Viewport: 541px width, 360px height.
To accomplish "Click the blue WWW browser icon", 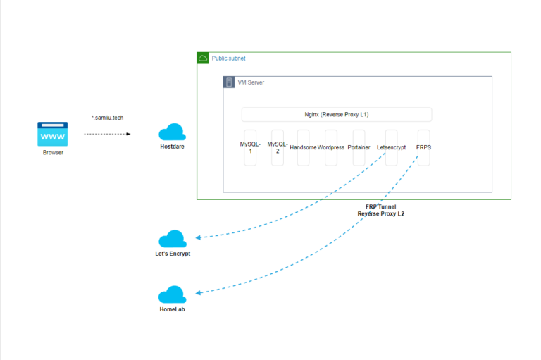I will [x=52, y=134].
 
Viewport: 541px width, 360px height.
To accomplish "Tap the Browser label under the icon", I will [x=53, y=152].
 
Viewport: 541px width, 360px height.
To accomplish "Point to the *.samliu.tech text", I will [x=107, y=118].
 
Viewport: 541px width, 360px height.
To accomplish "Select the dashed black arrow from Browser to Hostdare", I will [x=107, y=133].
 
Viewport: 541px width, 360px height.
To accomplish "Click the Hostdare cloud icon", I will [x=172, y=132].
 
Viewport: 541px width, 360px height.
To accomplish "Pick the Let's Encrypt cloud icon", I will [x=172, y=239].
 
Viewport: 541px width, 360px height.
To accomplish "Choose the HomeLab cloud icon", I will [x=172, y=294].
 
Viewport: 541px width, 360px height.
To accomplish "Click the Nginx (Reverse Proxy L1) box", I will [x=336, y=114].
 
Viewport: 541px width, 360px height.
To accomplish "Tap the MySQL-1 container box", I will [x=250, y=147].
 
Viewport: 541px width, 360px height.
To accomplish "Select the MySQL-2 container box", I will [x=278, y=147].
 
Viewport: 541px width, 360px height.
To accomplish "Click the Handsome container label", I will [x=303, y=147].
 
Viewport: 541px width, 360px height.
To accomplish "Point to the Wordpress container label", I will [x=330, y=147].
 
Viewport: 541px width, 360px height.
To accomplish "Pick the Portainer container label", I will [x=359, y=147].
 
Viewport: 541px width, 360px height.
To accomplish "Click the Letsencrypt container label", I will [x=391, y=147].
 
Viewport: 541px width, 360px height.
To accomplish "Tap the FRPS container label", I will [x=423, y=147].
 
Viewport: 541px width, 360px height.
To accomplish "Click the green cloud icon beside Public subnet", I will [x=203, y=58].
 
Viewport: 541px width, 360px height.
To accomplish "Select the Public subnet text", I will [x=229, y=58].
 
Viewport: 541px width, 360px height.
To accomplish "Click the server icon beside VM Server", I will [x=229, y=82].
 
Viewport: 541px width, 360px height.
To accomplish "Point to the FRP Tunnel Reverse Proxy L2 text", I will [x=380, y=209].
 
